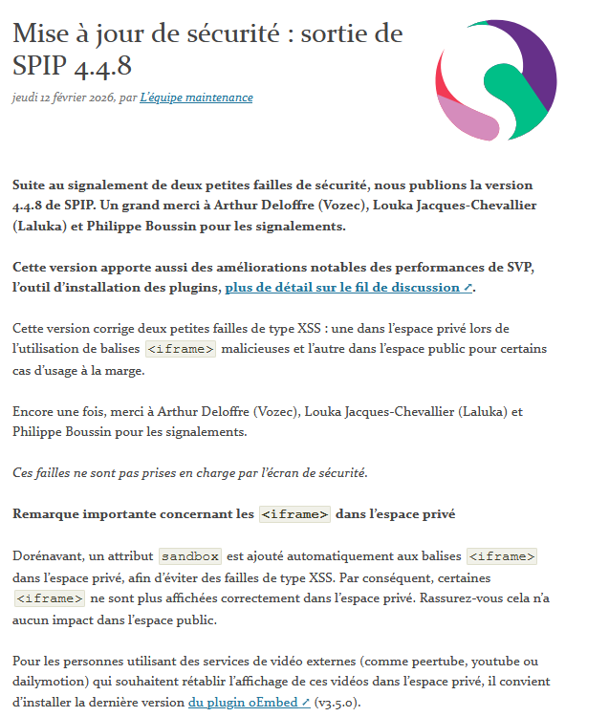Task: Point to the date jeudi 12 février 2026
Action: (x=63, y=98)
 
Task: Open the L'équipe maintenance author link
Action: (x=196, y=98)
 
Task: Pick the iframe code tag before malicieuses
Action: (x=181, y=349)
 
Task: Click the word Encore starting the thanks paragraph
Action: (x=34, y=411)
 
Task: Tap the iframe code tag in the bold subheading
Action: (x=294, y=514)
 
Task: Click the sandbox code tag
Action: (x=190, y=556)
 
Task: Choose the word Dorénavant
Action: (x=49, y=555)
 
